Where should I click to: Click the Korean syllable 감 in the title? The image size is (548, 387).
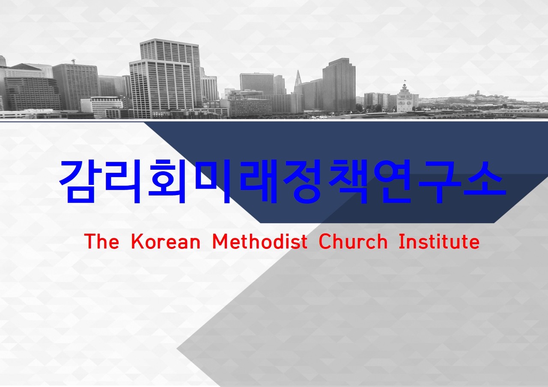[79, 182]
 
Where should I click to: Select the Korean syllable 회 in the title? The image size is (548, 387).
[167, 182]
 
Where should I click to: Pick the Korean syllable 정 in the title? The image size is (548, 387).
[303, 182]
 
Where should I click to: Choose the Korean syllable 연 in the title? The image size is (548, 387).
[393, 182]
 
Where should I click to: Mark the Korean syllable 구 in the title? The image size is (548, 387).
[438, 182]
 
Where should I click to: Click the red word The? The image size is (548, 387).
[102, 241]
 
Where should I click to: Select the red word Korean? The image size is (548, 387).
[166, 241]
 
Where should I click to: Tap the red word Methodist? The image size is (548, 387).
[260, 241]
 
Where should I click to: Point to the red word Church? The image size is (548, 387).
[354, 241]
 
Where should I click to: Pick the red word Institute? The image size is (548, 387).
[439, 241]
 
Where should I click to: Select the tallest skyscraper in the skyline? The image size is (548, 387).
[170, 73]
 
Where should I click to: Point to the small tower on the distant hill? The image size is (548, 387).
[478, 93]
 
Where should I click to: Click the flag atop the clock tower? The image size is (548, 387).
[405, 80]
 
